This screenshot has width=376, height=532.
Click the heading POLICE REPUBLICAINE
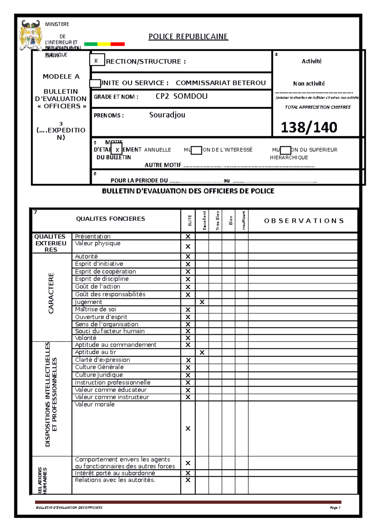click(x=188, y=37)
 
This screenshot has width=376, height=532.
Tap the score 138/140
click(x=309, y=127)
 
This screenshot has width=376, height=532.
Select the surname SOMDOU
click(x=191, y=96)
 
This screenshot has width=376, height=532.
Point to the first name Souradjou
click(x=167, y=115)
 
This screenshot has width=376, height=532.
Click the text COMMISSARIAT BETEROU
click(x=221, y=83)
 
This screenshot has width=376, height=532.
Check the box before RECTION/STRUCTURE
click(x=97, y=60)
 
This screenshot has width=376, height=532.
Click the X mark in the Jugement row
click(x=202, y=302)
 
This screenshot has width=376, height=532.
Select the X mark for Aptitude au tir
click(x=202, y=352)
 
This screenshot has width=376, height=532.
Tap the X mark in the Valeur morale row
click(x=188, y=429)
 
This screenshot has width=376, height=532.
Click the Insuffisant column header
click(x=243, y=221)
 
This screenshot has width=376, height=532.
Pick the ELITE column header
click(x=190, y=221)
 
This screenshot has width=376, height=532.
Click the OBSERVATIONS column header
click(x=304, y=221)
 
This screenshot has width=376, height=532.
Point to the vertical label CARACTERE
click(x=51, y=293)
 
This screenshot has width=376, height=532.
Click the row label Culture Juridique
click(x=99, y=375)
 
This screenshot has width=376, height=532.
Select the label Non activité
click(x=309, y=84)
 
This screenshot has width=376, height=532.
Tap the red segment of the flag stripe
click(x=118, y=44)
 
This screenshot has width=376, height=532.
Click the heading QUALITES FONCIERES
click(x=110, y=219)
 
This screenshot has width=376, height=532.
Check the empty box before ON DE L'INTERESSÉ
click(x=196, y=150)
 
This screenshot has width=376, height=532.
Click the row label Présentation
click(x=93, y=237)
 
